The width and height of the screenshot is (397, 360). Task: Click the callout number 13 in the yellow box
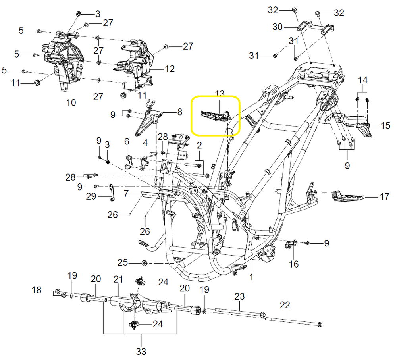pos(220,94)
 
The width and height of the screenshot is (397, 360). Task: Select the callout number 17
pos(384,196)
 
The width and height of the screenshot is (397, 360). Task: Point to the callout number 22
pos(285,305)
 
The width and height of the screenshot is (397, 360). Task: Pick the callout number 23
pos(239,296)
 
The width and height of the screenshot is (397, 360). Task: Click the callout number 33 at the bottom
pos(141,351)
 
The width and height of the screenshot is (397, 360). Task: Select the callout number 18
pos(37,291)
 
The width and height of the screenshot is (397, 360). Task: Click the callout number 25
pos(123,262)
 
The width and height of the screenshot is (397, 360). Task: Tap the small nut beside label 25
pos(145,262)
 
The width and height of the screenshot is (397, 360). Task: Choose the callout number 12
pos(170,69)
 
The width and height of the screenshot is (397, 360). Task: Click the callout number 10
pos(71,102)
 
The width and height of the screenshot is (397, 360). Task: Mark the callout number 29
pos(91,196)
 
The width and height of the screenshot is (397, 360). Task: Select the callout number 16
pos(293,264)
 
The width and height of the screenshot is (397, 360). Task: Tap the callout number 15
pos(385,125)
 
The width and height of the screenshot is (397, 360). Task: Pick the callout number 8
pos(180,112)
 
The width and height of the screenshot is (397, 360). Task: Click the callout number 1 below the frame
pos(251,277)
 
